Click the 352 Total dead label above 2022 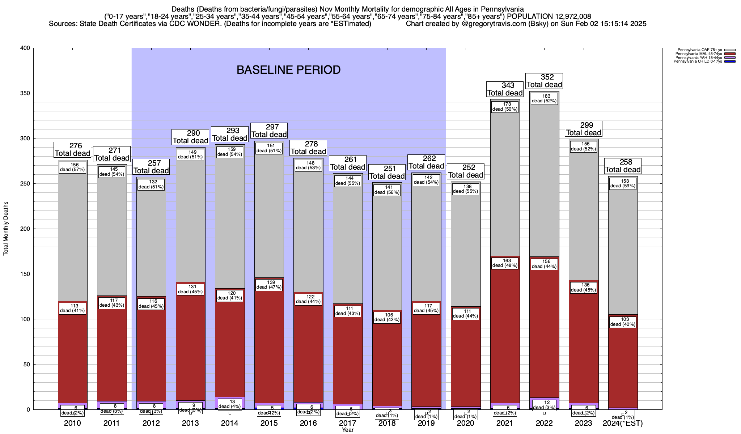(544, 81)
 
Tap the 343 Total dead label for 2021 (505, 89)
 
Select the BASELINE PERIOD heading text (288, 70)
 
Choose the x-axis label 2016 (308, 423)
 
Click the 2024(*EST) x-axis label (623, 423)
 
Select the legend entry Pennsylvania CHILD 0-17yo (698, 61)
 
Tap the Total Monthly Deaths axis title (6, 229)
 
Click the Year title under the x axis (348, 430)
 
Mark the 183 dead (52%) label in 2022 (544, 99)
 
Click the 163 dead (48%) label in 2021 (505, 263)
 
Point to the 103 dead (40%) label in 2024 (623, 322)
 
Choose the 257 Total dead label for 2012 (151, 167)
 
